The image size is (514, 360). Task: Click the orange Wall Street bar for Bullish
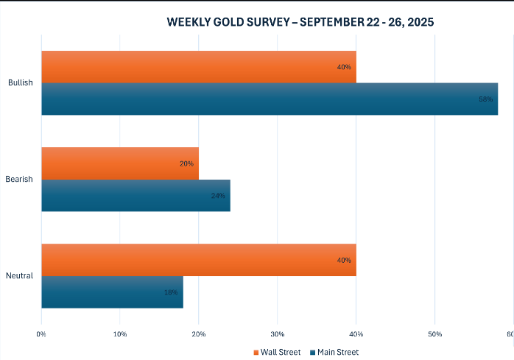199,67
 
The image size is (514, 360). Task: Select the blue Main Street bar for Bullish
270,99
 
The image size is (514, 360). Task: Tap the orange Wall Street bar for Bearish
120,163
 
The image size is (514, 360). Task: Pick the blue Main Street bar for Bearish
135,196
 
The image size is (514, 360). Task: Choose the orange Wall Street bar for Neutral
199,260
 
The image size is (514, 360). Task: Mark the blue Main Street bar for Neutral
112,292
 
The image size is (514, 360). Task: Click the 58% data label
485,99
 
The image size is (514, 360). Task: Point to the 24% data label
218,196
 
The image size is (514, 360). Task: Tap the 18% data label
171,292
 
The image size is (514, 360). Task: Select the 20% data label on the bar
186,163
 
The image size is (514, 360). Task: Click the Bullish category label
20,83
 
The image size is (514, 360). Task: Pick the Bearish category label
19,180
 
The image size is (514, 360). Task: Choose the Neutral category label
19,276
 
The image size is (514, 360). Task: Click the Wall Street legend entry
278,352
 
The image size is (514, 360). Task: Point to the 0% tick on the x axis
41,335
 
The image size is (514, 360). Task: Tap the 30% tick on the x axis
277,335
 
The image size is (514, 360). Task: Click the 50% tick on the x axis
434,335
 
